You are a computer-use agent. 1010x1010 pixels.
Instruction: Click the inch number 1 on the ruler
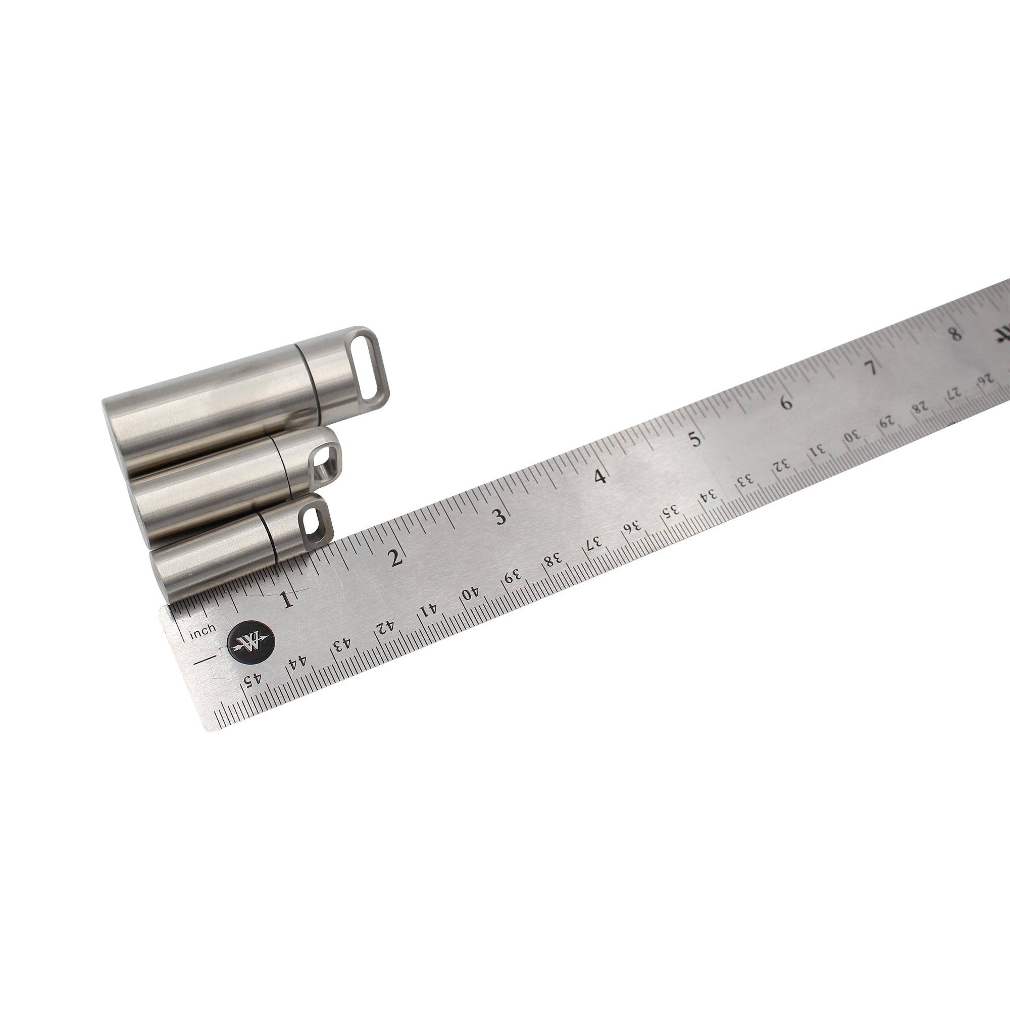pos(286,599)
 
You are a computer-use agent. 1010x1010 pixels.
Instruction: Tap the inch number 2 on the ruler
pos(396,559)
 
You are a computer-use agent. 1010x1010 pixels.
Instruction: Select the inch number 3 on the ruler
pos(500,517)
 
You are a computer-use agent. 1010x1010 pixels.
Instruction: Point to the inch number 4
pos(601,476)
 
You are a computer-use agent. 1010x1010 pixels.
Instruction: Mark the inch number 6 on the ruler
pos(786,402)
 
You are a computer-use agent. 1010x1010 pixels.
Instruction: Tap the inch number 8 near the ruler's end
pos(955,333)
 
